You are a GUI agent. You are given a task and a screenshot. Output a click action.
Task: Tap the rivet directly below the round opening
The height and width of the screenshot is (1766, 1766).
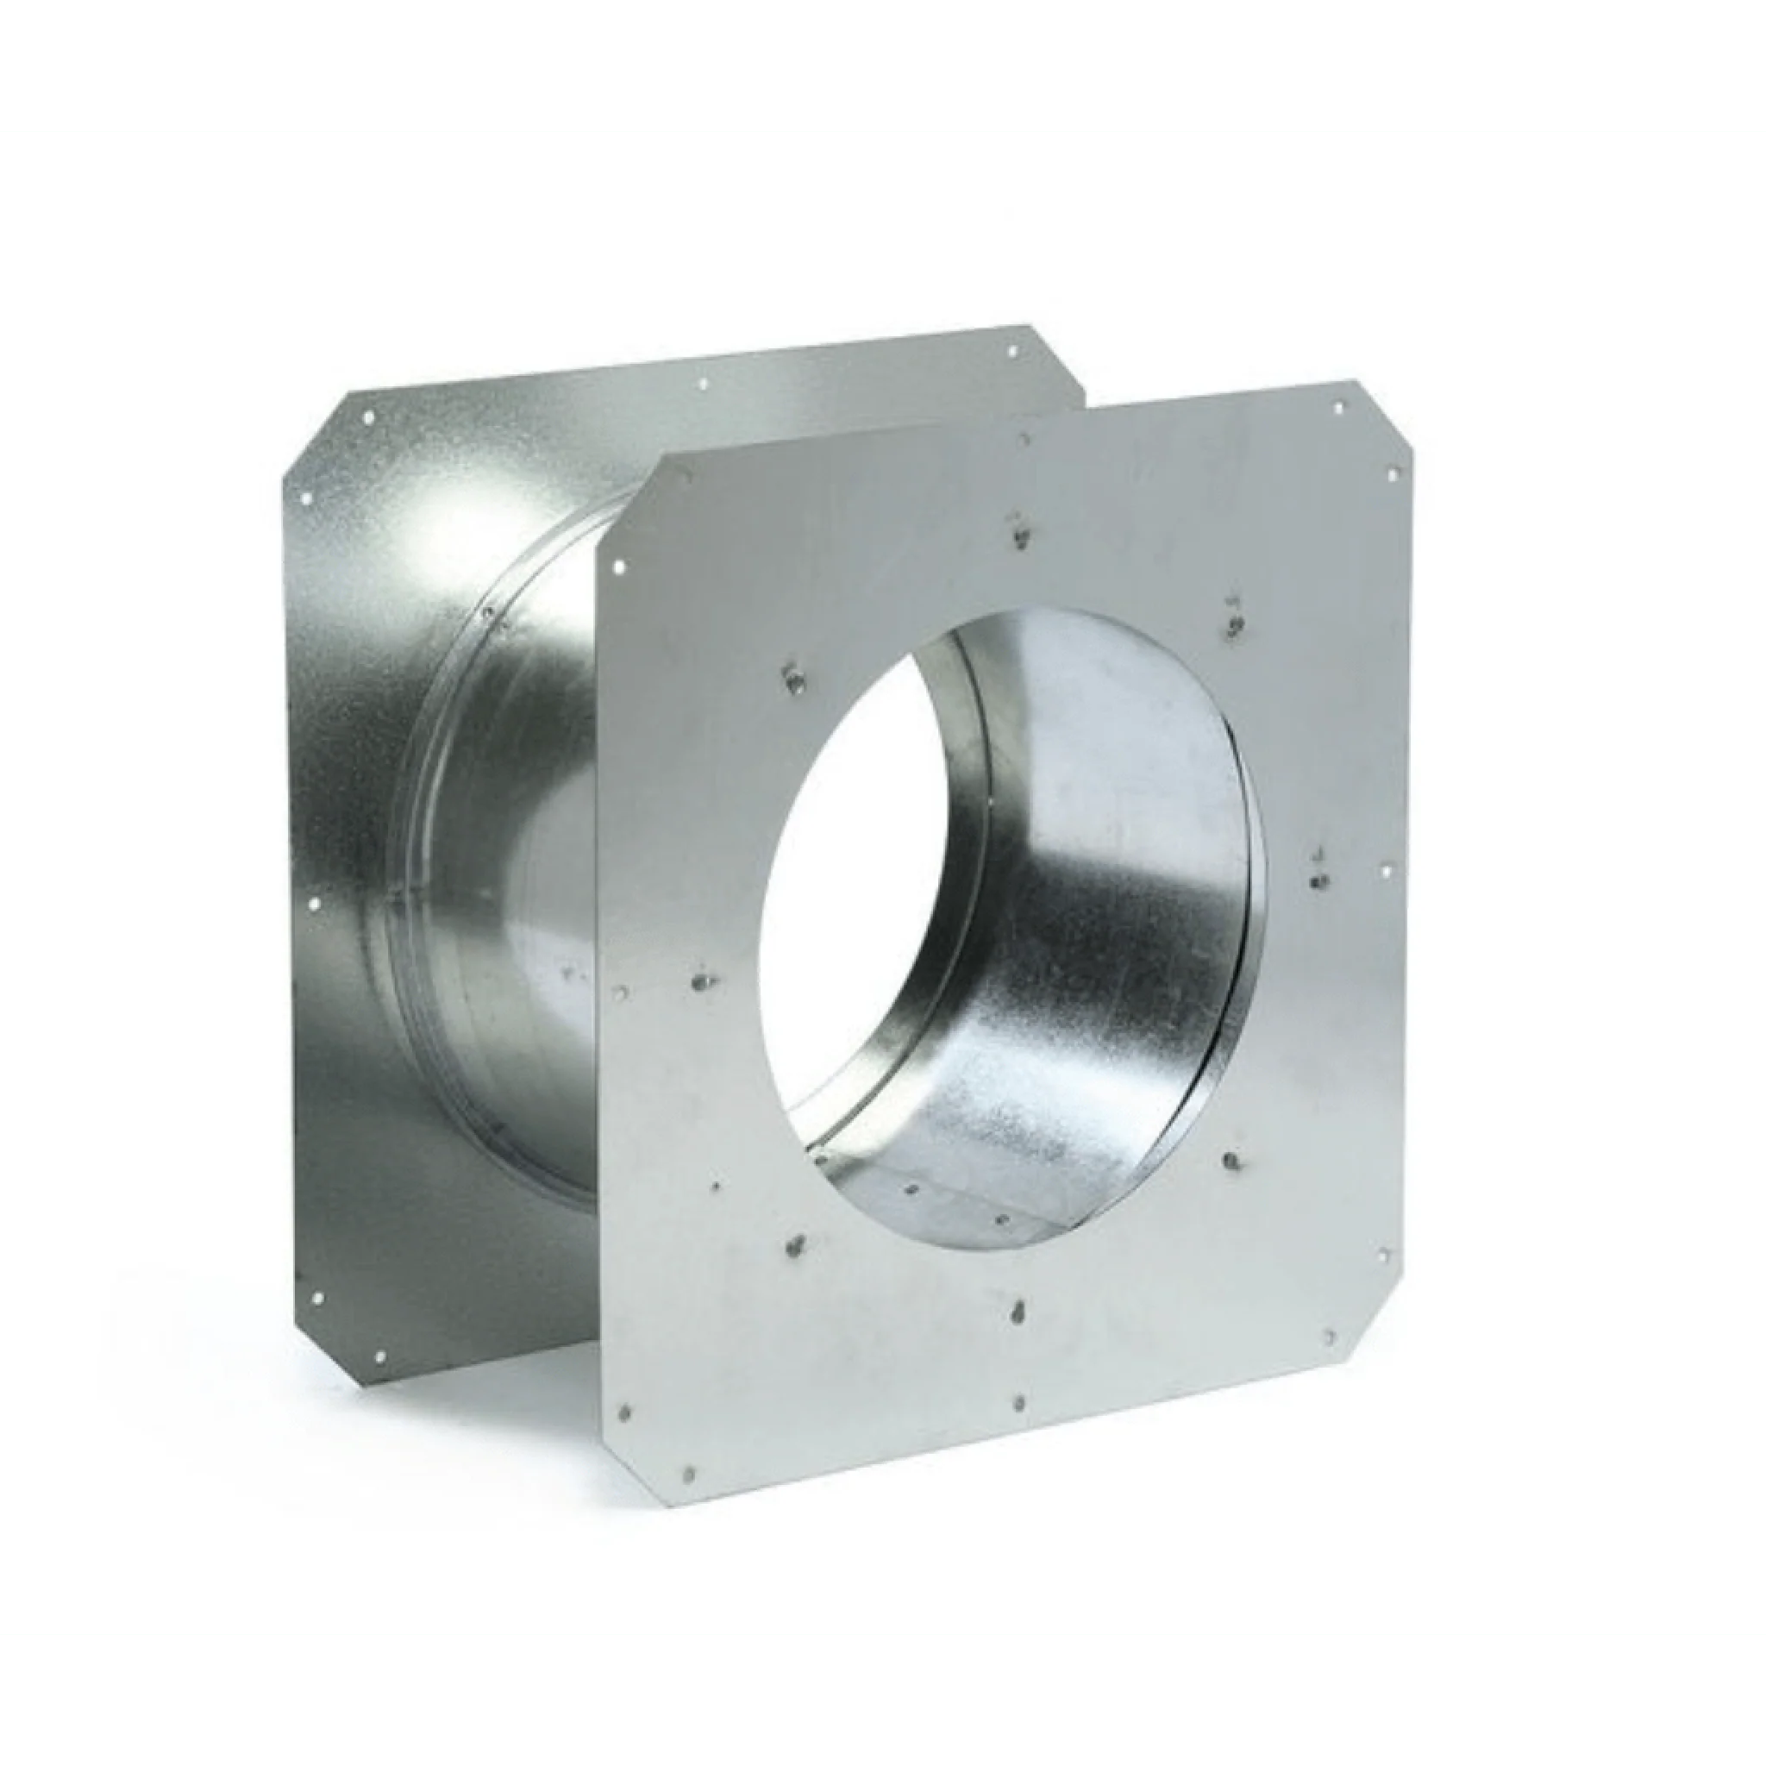tap(1018, 1313)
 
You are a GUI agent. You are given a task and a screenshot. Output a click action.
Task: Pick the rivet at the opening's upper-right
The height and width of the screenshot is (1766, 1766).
tap(1236, 625)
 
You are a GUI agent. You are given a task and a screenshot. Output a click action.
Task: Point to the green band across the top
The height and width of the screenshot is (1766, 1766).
tap(883, 64)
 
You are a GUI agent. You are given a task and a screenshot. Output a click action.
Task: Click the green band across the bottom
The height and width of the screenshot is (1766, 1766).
tap(883, 1700)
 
